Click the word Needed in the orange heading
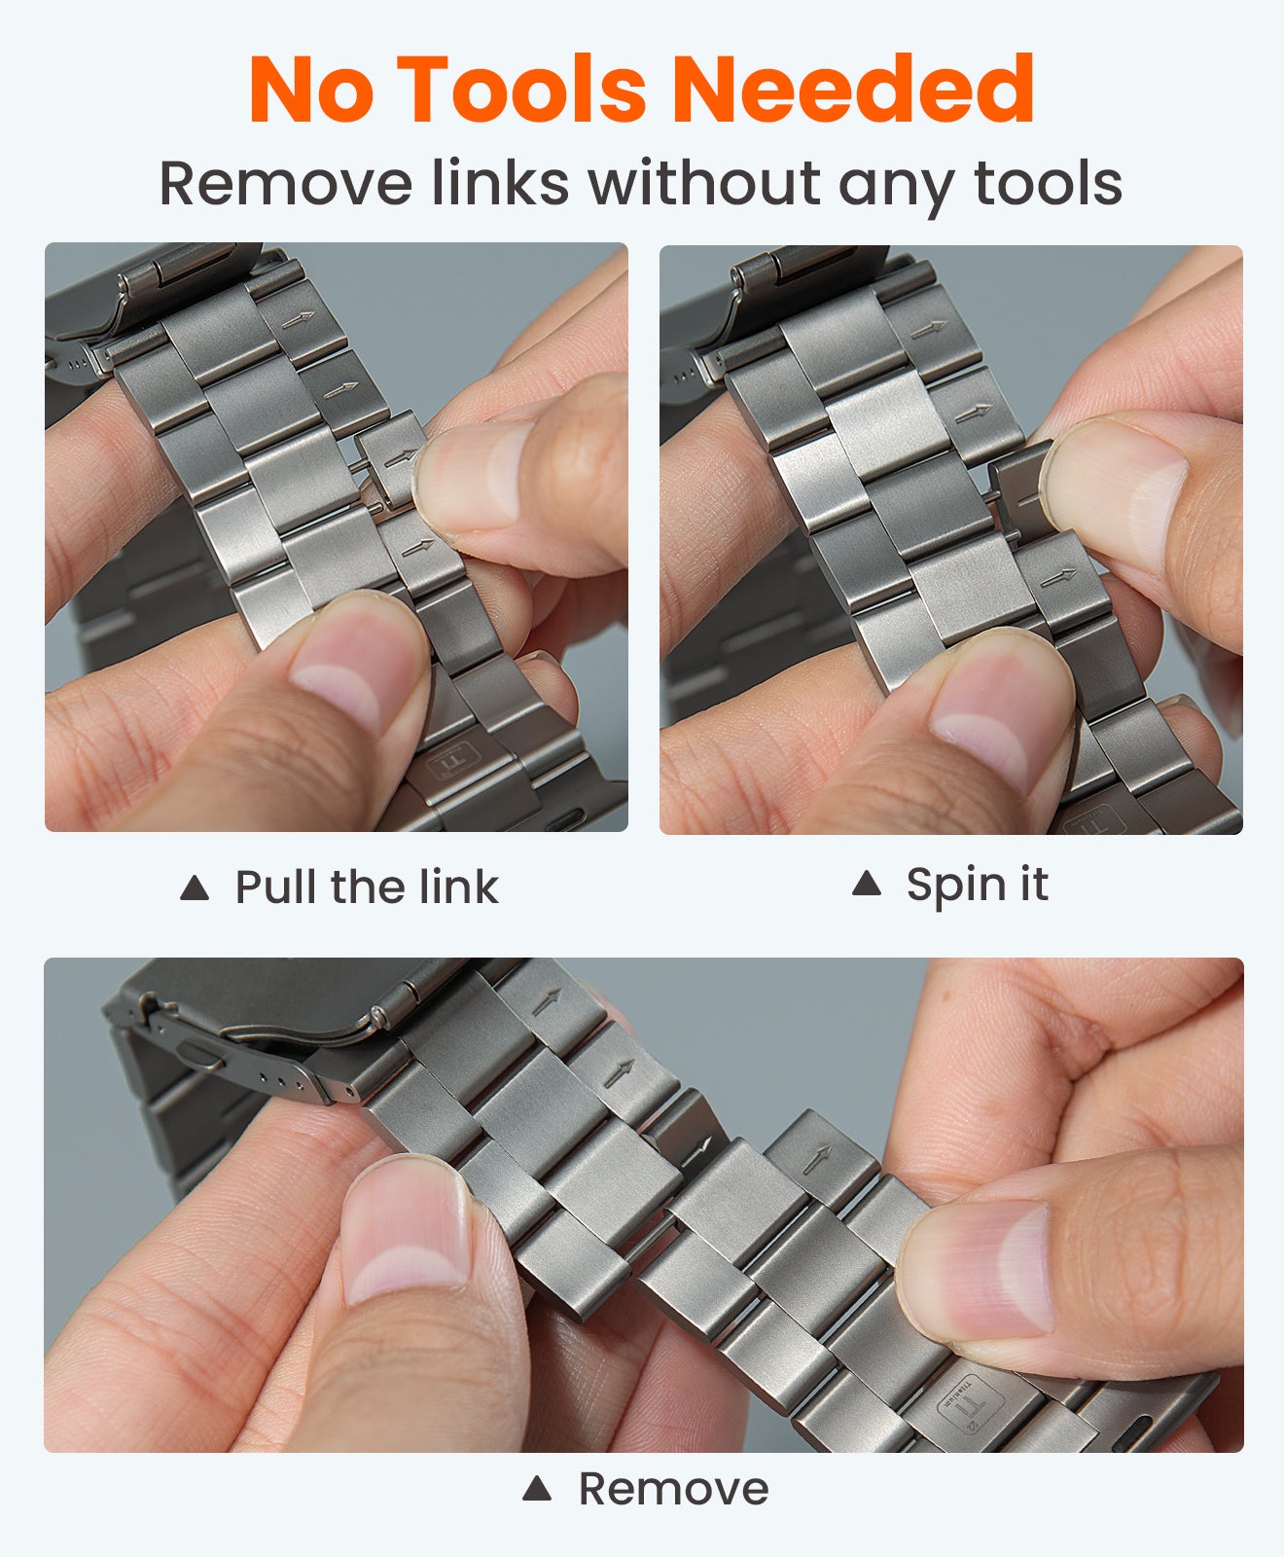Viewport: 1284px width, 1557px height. coord(852,90)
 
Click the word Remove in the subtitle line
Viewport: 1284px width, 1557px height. coord(285,183)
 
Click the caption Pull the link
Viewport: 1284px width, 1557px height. coord(366,887)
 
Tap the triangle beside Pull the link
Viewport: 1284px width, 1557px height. coord(195,887)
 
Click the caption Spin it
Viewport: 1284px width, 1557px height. coord(977,884)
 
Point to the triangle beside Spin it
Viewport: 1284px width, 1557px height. coord(866,884)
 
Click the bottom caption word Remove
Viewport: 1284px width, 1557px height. coord(673,1488)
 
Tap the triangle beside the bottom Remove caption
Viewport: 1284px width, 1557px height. coord(537,1489)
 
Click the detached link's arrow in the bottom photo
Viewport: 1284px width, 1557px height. coord(815,1158)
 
